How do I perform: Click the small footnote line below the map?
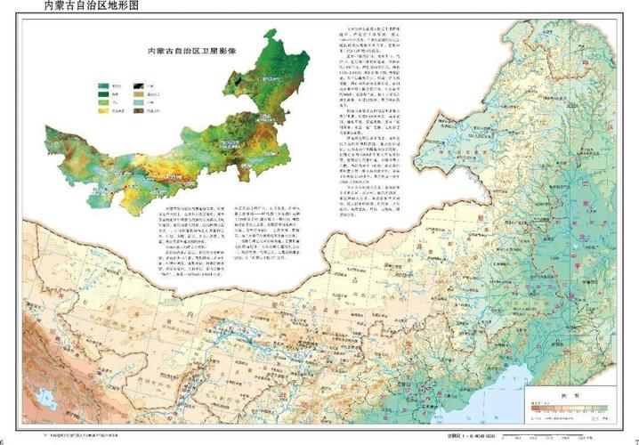coord(80,435)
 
